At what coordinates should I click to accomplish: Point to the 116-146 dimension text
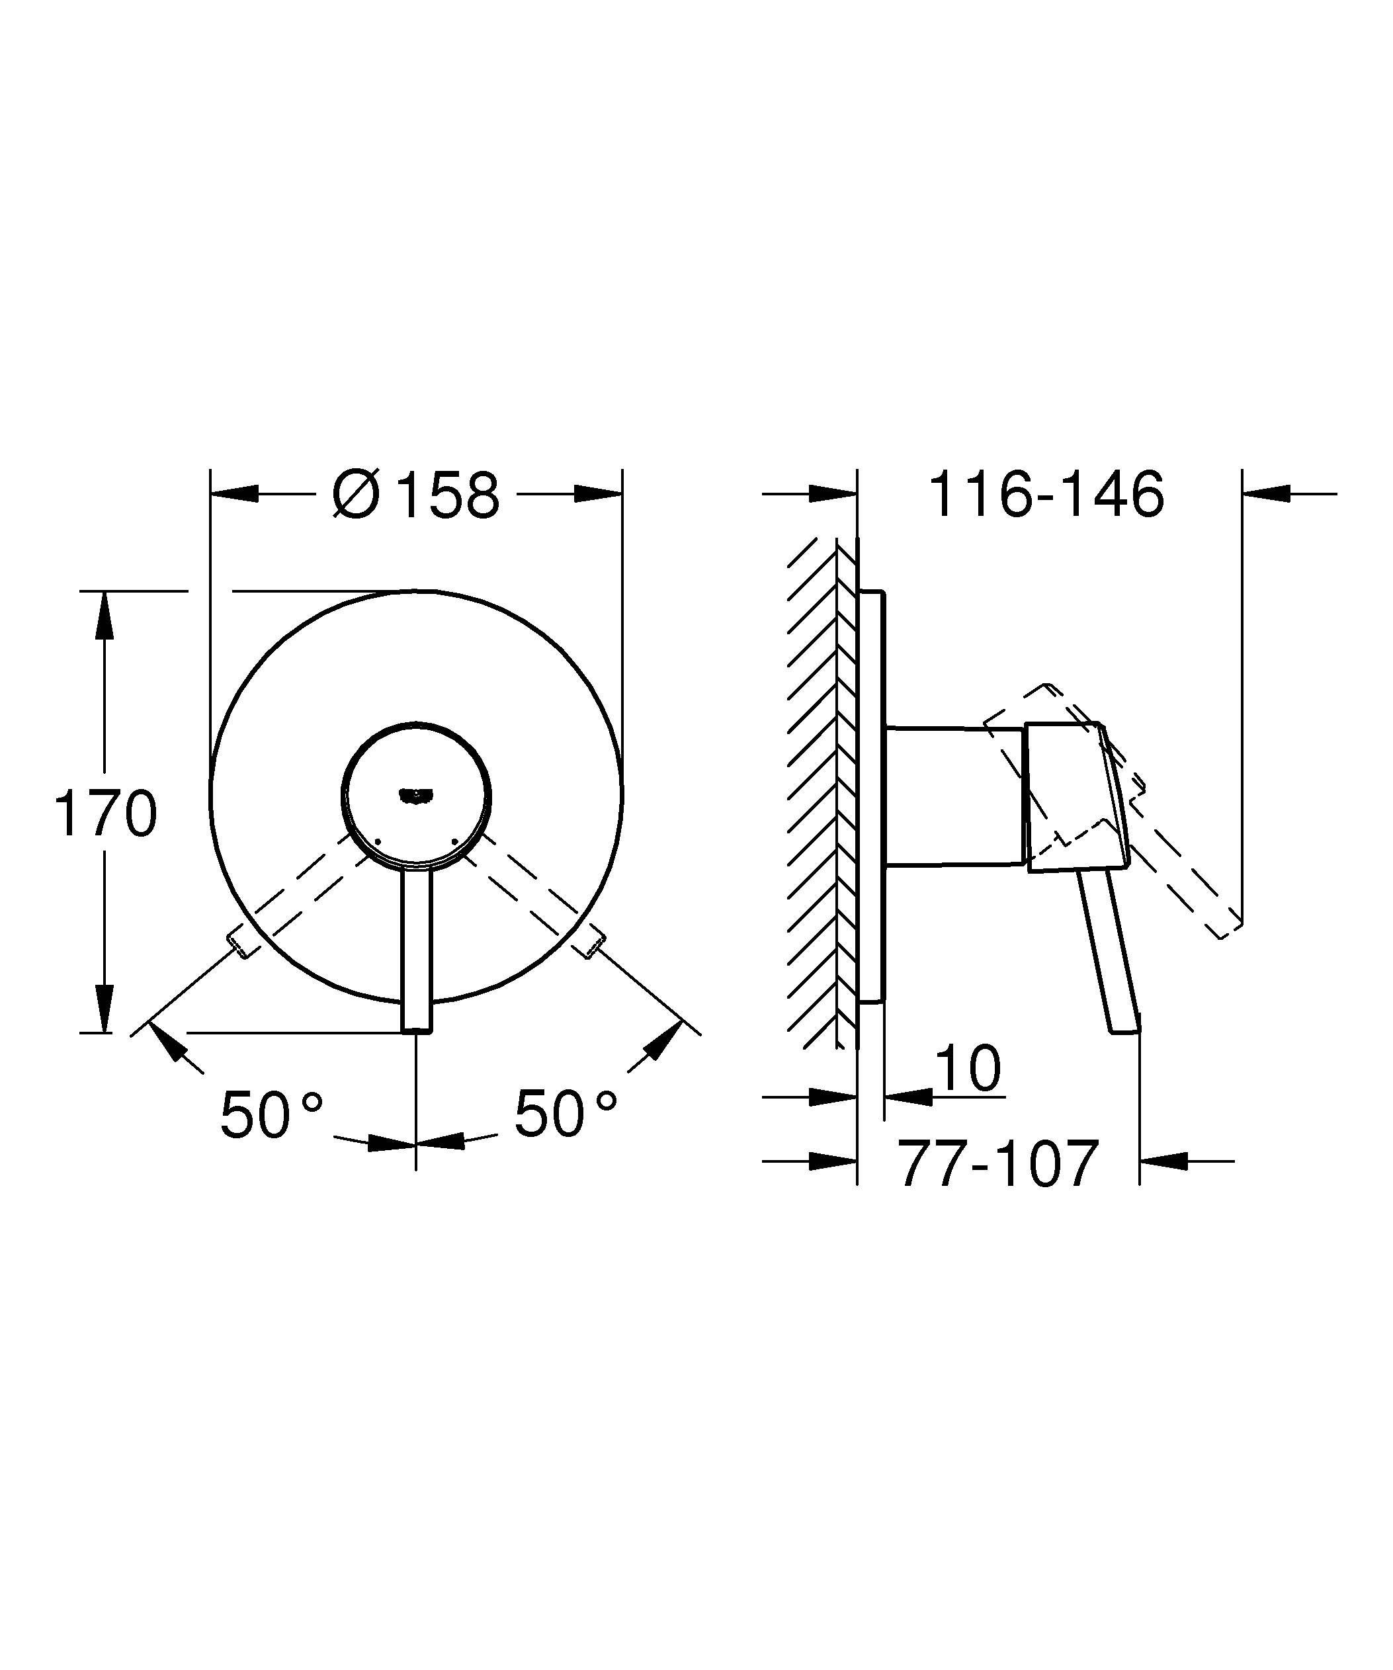point(1046,495)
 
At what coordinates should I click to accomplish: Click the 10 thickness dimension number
point(968,1069)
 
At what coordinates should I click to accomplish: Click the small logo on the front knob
point(416,793)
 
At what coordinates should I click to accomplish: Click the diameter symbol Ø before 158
point(355,495)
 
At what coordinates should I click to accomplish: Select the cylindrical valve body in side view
point(954,795)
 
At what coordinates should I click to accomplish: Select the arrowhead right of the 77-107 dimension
point(1163,1160)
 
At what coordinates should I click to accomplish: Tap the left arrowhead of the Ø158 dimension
point(235,494)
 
